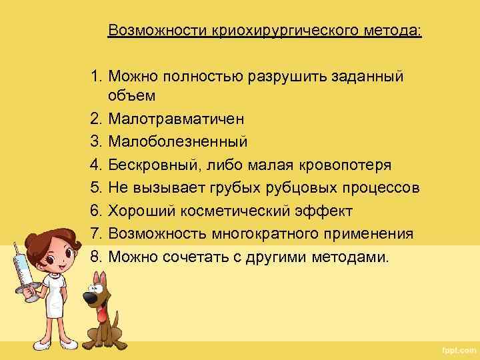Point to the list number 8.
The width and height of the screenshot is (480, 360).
[x=97, y=257]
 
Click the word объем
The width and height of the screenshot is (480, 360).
[x=131, y=95]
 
